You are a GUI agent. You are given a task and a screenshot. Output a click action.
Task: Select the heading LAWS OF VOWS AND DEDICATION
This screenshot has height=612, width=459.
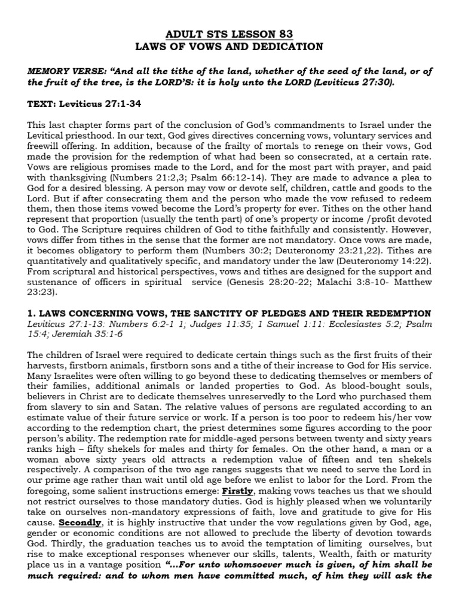pos(229,46)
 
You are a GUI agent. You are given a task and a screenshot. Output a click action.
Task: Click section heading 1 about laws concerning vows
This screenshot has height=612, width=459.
pos(229,314)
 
